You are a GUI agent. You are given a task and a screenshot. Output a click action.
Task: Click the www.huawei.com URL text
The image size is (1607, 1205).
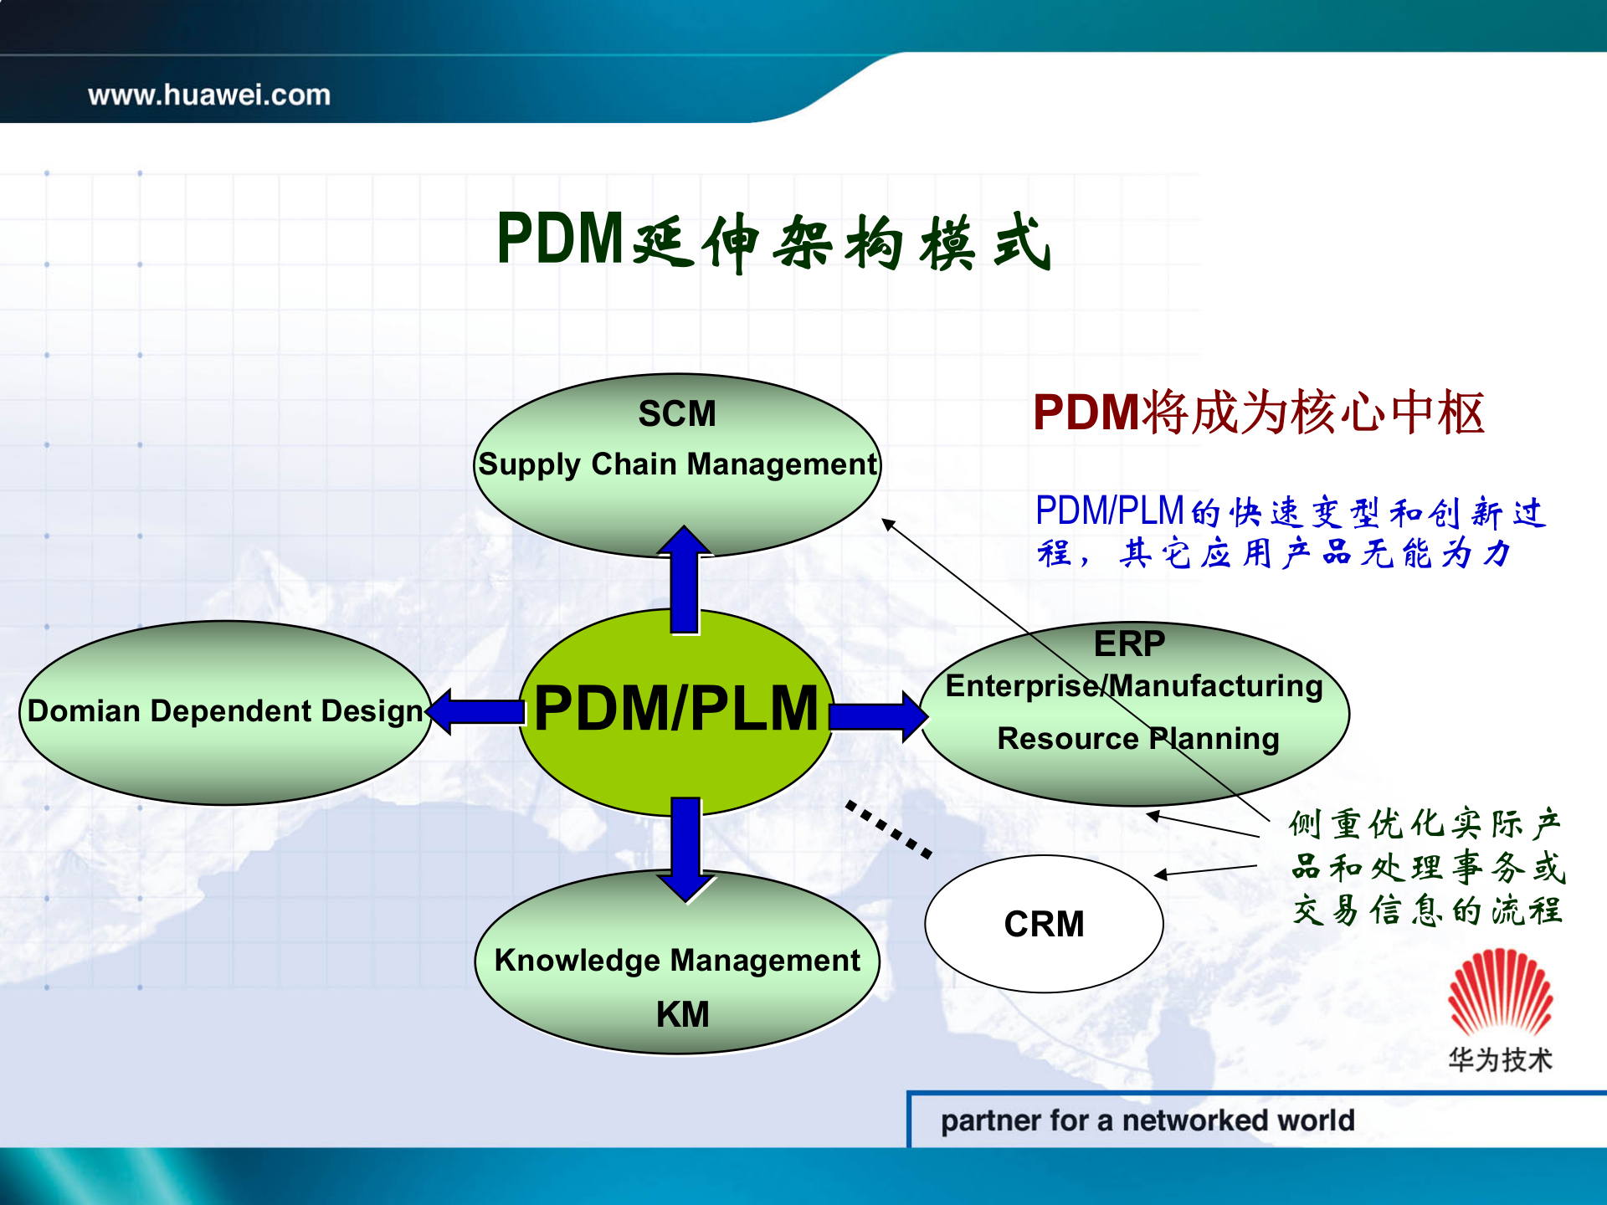pyautogui.click(x=209, y=95)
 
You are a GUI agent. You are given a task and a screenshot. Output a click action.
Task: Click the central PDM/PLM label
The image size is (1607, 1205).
pyautogui.click(x=675, y=709)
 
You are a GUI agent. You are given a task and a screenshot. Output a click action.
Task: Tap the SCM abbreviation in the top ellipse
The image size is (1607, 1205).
pyautogui.click(x=677, y=413)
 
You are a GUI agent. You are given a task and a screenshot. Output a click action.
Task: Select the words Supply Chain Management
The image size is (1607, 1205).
pyautogui.click(x=677, y=464)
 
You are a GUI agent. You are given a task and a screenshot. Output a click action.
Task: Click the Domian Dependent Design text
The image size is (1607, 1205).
pyautogui.click(x=225, y=710)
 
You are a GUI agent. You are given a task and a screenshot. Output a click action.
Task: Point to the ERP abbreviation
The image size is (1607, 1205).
pyautogui.click(x=1129, y=644)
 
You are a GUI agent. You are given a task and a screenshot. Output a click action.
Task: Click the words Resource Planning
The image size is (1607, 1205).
pyautogui.click(x=1137, y=738)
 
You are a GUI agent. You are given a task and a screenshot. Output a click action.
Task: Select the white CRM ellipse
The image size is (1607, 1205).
pyautogui.click(x=1044, y=924)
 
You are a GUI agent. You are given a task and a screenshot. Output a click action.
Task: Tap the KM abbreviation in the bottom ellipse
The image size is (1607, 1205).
pyautogui.click(x=682, y=1014)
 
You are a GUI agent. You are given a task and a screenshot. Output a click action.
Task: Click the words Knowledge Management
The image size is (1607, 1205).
pyautogui.click(x=677, y=960)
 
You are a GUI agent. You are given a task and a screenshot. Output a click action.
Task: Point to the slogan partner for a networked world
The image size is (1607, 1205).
pyautogui.click(x=1147, y=1120)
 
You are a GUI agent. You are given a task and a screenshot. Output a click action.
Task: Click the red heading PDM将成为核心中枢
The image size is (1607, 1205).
pyautogui.click(x=1258, y=413)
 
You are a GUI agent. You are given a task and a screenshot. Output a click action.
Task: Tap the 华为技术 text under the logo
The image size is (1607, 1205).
pyautogui.click(x=1500, y=1059)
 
